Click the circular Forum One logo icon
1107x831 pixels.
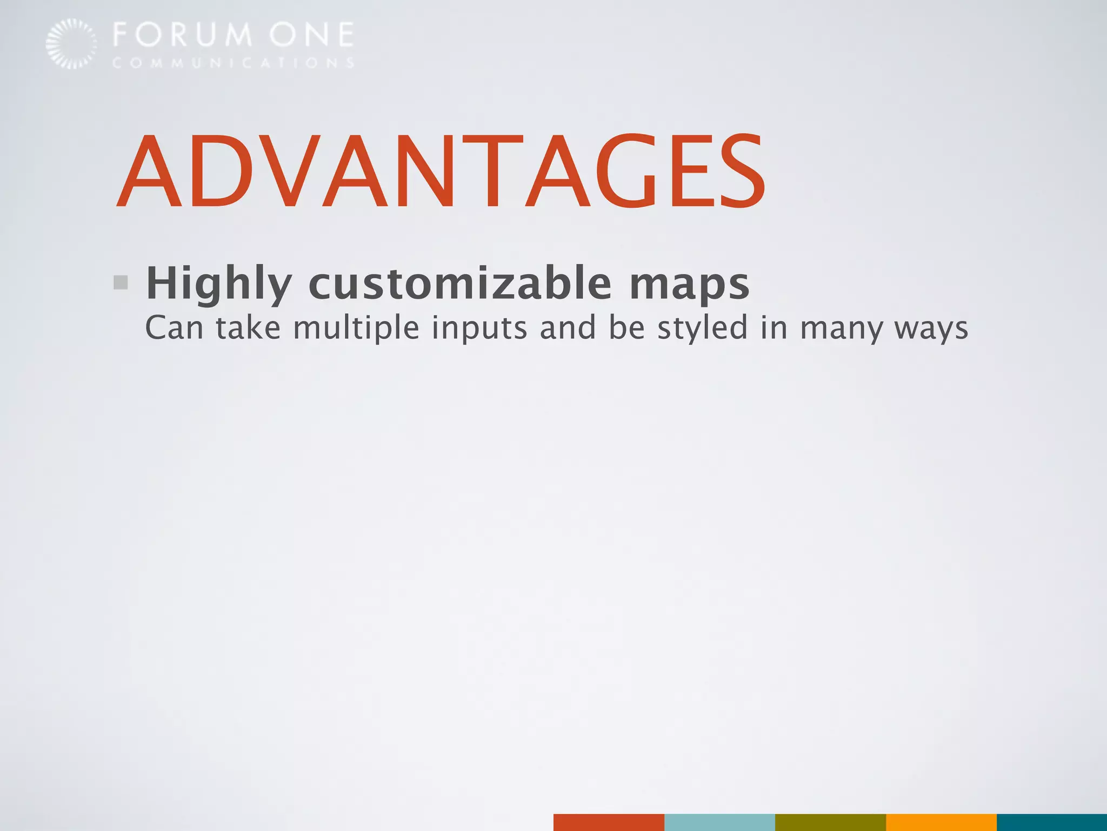71,44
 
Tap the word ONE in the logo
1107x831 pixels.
312,35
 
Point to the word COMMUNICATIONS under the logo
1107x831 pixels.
234,63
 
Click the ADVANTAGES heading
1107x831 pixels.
441,172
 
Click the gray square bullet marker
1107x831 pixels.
121,282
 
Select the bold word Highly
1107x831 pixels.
219,283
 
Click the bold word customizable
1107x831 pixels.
459,283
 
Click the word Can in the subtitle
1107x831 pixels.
174,328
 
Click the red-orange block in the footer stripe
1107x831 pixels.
609,821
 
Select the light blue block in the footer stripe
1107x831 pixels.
719,821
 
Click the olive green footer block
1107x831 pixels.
830,821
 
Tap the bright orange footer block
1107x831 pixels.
941,821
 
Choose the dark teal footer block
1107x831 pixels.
1052,821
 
